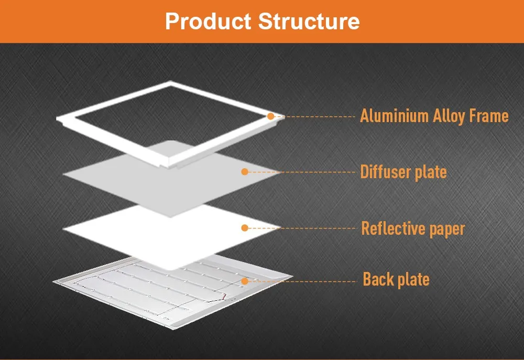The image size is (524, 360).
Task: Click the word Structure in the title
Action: (309, 21)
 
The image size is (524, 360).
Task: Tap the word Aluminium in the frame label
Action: (394, 116)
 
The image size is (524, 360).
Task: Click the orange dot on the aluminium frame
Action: (270, 116)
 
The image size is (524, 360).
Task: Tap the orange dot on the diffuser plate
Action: (244, 171)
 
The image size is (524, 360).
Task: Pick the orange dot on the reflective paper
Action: (244, 227)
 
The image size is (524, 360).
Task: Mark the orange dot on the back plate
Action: (244, 281)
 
